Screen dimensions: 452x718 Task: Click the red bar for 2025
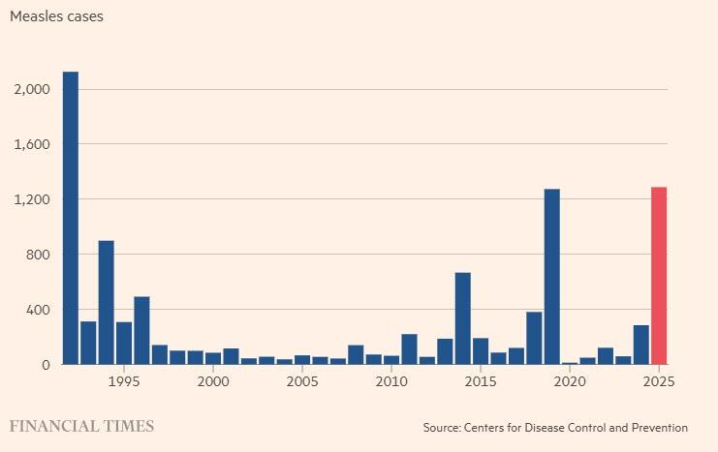pyautogui.click(x=659, y=276)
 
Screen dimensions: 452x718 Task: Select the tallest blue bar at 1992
pyautogui.click(x=71, y=218)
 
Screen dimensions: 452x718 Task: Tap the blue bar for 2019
pyautogui.click(x=552, y=277)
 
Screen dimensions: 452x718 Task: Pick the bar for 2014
pyautogui.click(x=463, y=318)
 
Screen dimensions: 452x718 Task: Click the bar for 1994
pyautogui.click(x=107, y=302)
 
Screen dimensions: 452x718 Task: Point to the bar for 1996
pyautogui.click(x=141, y=330)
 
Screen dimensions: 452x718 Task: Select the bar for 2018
pyautogui.click(x=534, y=338)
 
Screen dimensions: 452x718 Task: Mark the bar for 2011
pyautogui.click(x=409, y=349)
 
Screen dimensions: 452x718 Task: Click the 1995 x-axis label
pyautogui.click(x=124, y=381)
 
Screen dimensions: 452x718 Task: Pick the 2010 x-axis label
pyautogui.click(x=391, y=381)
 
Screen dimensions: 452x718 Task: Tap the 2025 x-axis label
pyautogui.click(x=659, y=381)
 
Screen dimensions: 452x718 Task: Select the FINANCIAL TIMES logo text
pyautogui.click(x=81, y=426)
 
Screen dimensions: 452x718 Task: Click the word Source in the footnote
pyautogui.click(x=443, y=427)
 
